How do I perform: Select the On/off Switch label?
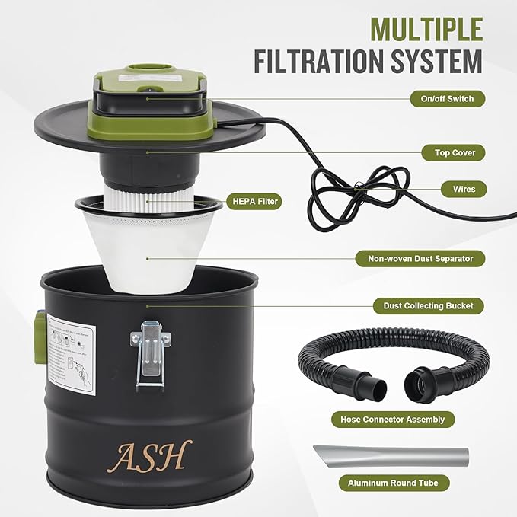[x=442, y=98]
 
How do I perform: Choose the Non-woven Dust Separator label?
[x=421, y=259]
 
